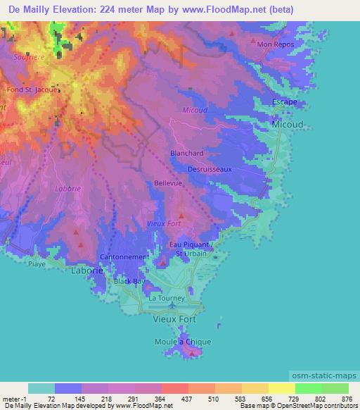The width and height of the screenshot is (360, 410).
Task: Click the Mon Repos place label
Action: tap(273, 44)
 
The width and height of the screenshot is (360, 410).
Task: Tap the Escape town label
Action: tap(285, 102)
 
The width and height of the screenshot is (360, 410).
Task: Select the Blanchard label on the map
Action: tap(187, 153)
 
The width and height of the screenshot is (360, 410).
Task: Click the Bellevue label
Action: tap(168, 183)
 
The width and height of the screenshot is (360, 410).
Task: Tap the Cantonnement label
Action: tap(124, 257)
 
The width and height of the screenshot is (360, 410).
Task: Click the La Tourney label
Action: tap(166, 298)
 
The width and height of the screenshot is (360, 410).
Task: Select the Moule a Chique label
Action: tap(183, 342)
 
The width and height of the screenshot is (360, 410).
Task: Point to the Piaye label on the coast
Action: tap(36, 265)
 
